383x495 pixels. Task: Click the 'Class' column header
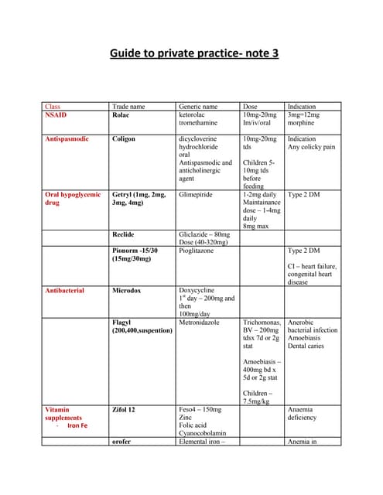click(x=53, y=107)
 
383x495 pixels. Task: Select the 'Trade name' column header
click(x=128, y=107)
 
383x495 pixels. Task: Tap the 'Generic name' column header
click(x=198, y=107)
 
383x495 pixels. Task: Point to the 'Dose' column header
click(x=251, y=107)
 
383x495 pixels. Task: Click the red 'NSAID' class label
click(x=57, y=114)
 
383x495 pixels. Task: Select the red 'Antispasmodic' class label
click(x=67, y=139)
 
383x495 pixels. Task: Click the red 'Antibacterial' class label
click(x=65, y=291)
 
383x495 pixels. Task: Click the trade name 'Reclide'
click(x=125, y=234)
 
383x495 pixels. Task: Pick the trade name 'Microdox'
click(x=128, y=291)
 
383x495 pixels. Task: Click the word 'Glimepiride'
click(x=198, y=195)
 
